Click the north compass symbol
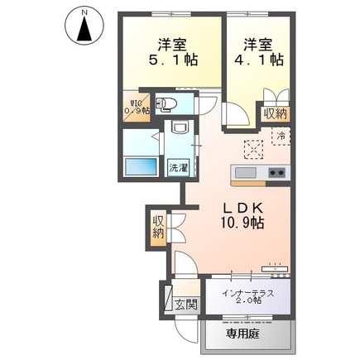click(x=84, y=26)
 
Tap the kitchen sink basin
click(x=246, y=172)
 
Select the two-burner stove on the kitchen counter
click(x=276, y=172)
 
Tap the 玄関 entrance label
click(x=185, y=305)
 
